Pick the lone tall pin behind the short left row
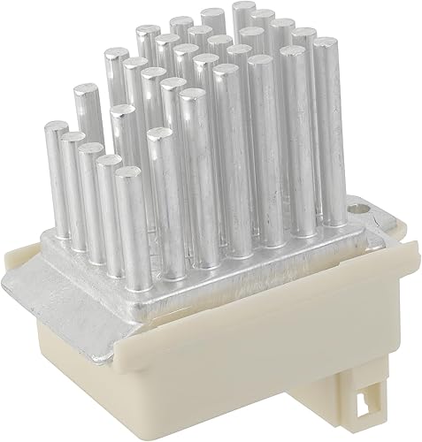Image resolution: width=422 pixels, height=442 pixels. [86, 92]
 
